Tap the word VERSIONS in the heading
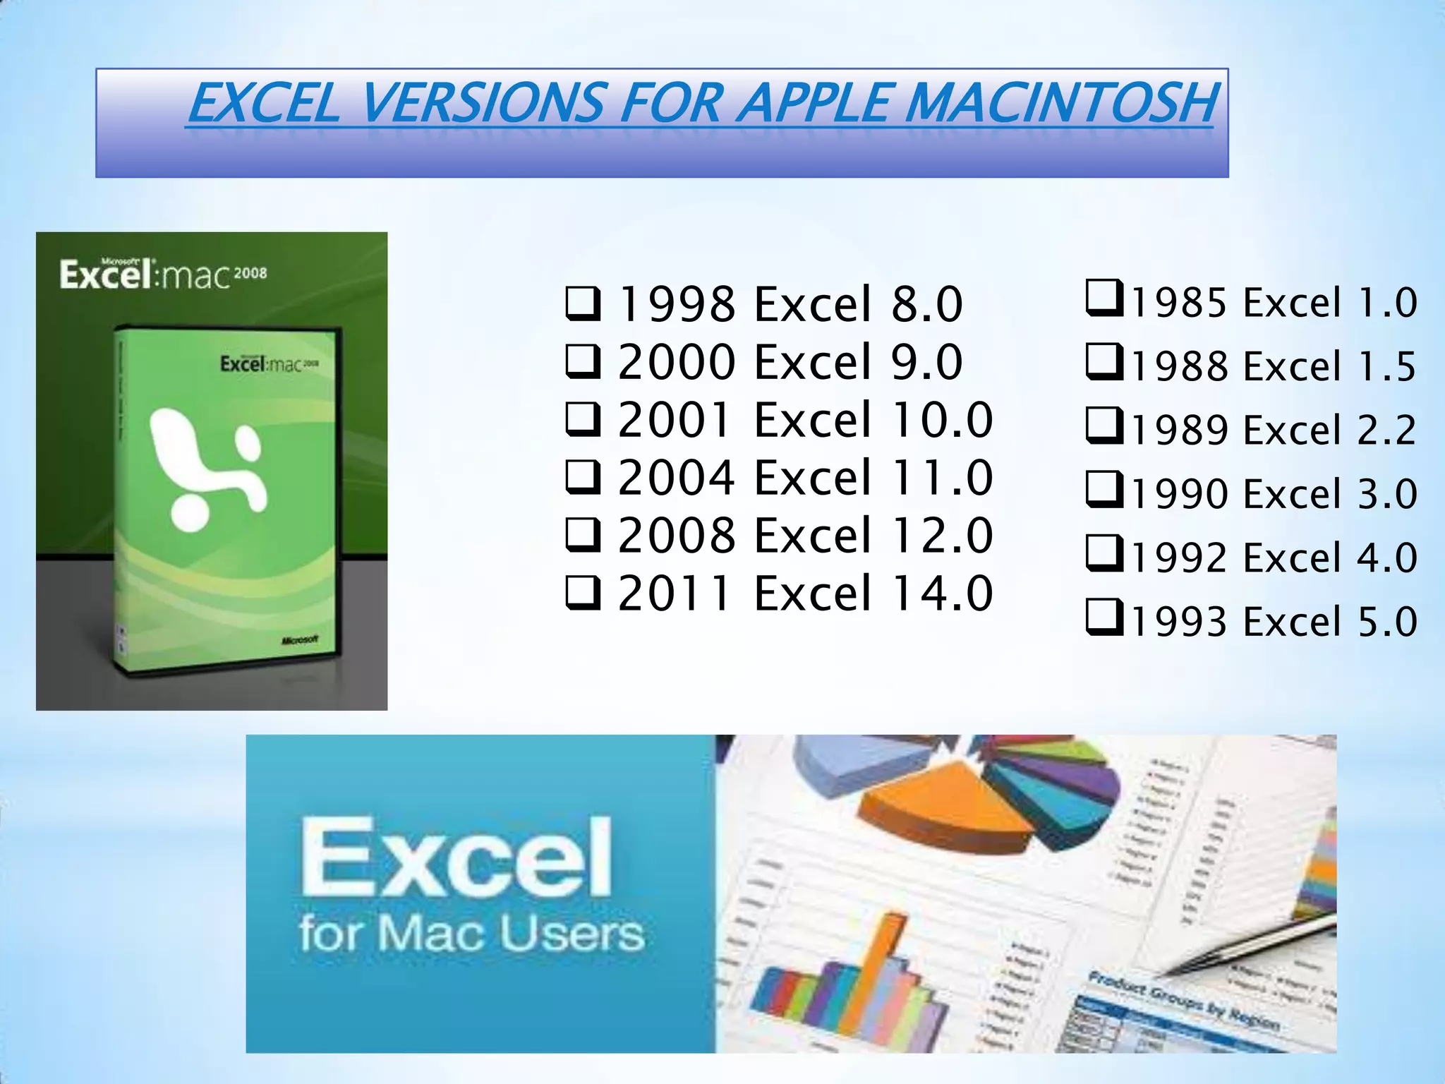484,103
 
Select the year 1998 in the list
676,305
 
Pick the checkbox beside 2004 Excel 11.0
584,478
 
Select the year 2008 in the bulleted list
676,536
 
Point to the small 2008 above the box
250,273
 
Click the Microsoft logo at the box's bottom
300,640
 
